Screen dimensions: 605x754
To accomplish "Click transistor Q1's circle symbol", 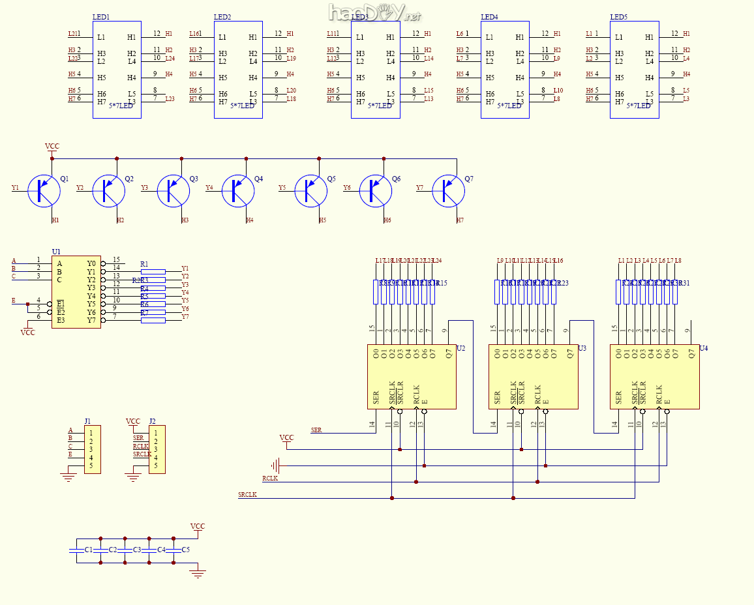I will coord(44,190).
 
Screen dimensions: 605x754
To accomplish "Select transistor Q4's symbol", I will coord(239,190).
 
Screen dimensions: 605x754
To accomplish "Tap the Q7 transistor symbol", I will coord(448,190).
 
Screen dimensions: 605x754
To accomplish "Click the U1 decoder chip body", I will coord(76,291).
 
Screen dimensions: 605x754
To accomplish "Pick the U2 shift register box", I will coord(412,377).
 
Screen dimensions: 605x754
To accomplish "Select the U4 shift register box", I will coord(654,377).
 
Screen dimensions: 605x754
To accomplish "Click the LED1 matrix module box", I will coord(117,69).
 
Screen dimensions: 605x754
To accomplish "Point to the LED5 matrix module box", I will coord(634,69).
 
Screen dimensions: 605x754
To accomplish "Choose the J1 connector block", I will coord(92,449).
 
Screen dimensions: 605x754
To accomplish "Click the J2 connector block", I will coord(157,449).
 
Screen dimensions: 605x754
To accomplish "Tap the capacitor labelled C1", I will coord(77,550).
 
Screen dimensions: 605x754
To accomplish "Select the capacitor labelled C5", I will coord(173,550).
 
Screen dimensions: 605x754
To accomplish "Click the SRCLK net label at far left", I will coord(248,495).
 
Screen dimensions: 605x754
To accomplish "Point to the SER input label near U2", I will coord(316,430).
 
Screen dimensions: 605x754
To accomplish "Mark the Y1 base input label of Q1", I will coord(15,188).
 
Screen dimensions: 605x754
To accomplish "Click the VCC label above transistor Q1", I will coord(52,147).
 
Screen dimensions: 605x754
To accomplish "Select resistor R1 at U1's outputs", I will coord(153,271).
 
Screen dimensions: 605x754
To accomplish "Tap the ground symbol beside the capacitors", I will coord(198,574).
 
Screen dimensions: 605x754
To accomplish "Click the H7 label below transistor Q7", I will coord(460,220).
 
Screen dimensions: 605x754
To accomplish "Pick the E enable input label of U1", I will coord(14,301).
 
